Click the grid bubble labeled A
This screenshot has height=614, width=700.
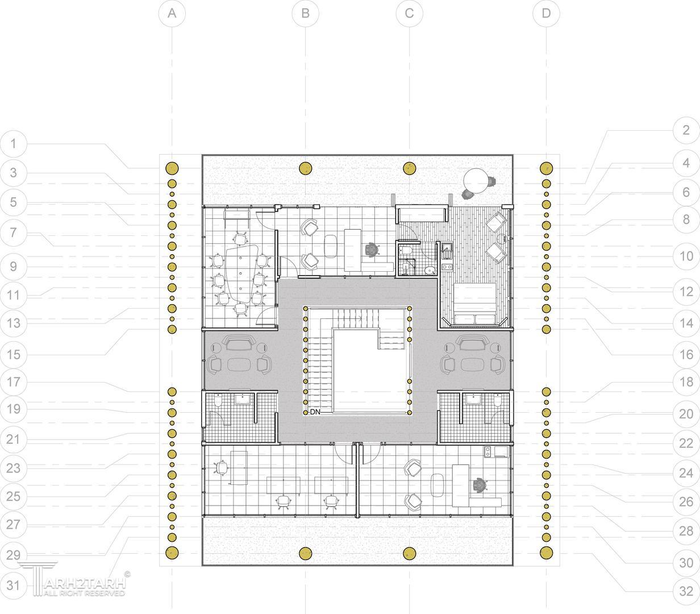[x=172, y=14]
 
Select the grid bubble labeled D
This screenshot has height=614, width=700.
[x=546, y=14]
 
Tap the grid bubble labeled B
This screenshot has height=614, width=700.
[x=305, y=14]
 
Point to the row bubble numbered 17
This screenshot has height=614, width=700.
[x=14, y=382]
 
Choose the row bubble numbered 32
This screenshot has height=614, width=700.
[x=686, y=591]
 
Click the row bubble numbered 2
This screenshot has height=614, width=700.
[x=686, y=130]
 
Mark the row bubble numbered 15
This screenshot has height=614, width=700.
[x=14, y=354]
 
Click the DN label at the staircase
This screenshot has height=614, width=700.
[x=315, y=412]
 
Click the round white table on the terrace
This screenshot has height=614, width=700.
[x=476, y=181]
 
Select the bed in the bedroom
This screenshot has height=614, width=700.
[x=475, y=304]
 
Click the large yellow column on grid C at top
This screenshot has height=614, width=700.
[x=410, y=168]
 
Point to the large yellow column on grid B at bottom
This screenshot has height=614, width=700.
[x=305, y=554]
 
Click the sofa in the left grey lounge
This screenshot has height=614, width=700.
[x=239, y=343]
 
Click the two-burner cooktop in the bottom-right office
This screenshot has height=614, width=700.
[x=488, y=452]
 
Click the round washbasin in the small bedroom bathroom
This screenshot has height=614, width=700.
[x=430, y=270]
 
